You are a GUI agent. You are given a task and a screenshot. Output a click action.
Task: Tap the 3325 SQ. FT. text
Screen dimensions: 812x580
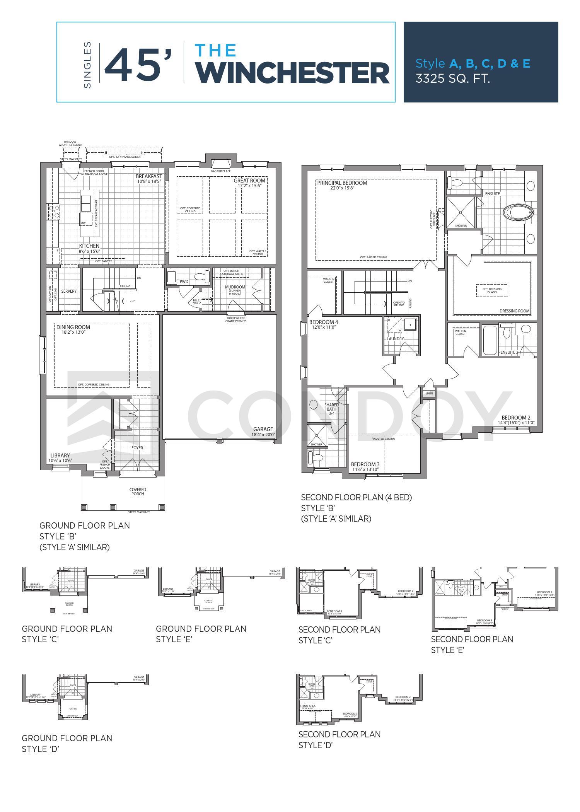click(x=453, y=79)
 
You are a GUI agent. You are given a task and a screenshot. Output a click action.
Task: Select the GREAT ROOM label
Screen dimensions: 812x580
click(x=249, y=181)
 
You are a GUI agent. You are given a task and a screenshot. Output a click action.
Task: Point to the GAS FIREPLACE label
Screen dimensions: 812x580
click(x=220, y=171)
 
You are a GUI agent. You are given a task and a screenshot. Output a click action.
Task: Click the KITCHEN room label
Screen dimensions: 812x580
click(x=89, y=246)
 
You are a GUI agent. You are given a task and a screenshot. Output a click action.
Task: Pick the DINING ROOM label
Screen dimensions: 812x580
click(x=73, y=327)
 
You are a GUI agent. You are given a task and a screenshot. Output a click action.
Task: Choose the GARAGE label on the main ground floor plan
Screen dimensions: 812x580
click(x=263, y=429)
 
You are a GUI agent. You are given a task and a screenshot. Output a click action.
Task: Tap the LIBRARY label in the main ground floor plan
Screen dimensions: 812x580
click(x=60, y=455)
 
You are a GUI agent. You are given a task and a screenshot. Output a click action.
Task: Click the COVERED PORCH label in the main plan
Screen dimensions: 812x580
click(x=137, y=491)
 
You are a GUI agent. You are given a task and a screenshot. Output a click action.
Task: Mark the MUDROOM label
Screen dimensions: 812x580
click(x=235, y=287)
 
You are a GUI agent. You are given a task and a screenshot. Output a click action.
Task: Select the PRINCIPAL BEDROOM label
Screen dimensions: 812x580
click(x=342, y=183)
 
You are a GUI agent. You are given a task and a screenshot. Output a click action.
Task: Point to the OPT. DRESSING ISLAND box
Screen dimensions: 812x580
click(x=492, y=290)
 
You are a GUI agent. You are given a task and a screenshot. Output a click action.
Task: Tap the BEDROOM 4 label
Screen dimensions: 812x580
click(x=324, y=322)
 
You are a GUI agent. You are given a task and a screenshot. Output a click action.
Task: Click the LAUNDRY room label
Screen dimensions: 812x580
click(x=395, y=339)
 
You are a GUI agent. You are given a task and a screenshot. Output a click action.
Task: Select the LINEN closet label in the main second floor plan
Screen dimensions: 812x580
click(x=429, y=394)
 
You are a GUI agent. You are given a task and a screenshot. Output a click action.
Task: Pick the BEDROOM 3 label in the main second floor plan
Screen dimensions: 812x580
click(x=365, y=464)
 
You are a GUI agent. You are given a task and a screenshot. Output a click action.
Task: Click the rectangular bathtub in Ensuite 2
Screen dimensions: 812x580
click(x=490, y=340)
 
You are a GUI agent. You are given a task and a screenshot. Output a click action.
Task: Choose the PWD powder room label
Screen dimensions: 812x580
click(x=184, y=281)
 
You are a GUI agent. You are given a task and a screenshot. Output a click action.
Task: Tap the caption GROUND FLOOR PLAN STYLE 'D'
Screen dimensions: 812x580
click(x=67, y=744)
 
